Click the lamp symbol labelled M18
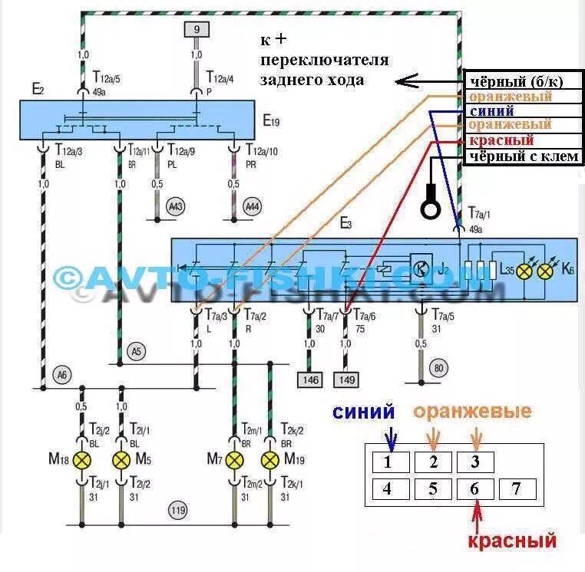81,460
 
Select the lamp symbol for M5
121,460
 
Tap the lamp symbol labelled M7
234,460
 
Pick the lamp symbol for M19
270,460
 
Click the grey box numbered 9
196,30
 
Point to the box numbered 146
310,379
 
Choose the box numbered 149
346,379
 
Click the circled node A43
177,207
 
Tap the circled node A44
252,207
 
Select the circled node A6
61,375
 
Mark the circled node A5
137,352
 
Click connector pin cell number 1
388,462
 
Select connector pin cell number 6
475,489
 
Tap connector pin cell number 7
517,489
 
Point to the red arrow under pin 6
478,515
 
